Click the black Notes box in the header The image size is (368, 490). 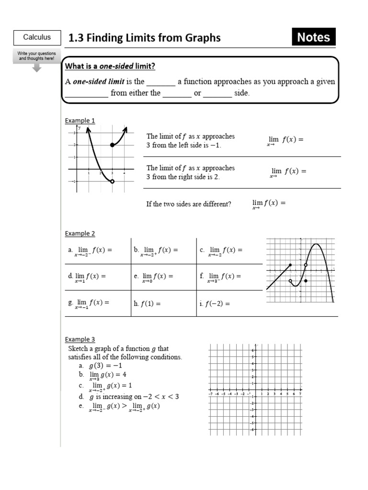313,37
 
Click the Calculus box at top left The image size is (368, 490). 37,37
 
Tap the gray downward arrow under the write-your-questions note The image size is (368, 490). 37,67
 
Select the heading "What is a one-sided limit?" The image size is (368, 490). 110,66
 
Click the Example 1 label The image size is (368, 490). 80,121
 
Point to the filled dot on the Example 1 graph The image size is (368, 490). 112,145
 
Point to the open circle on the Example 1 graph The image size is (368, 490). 112,181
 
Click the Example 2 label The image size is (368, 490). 80,234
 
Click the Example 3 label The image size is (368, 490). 80,340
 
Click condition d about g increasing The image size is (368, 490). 129,397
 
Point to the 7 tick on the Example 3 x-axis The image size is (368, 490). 300,394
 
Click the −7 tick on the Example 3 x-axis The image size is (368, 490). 211,394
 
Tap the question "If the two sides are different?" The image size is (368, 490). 189,204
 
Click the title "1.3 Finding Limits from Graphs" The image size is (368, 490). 145,38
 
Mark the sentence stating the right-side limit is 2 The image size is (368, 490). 190,172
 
